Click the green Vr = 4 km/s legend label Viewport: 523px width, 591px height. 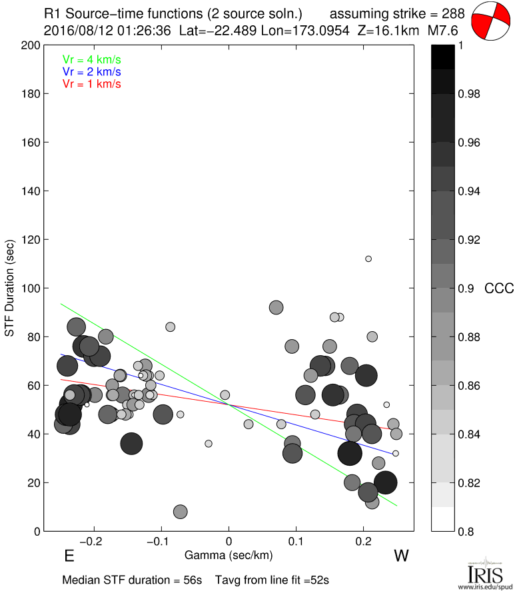(91, 59)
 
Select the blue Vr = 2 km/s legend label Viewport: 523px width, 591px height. (91, 71)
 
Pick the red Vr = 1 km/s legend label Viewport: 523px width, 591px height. (91, 84)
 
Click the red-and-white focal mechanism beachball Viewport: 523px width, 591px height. (490, 21)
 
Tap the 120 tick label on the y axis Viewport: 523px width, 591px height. (29, 240)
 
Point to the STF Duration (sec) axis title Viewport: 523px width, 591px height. (10, 288)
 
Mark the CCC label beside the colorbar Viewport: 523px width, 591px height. (498, 289)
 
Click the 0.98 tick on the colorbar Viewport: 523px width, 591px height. (470, 94)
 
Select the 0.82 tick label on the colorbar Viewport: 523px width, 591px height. (470, 482)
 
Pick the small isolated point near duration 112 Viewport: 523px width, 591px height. (368, 259)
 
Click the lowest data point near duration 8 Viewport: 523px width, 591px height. (180, 512)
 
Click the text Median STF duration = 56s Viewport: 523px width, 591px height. (132, 580)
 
